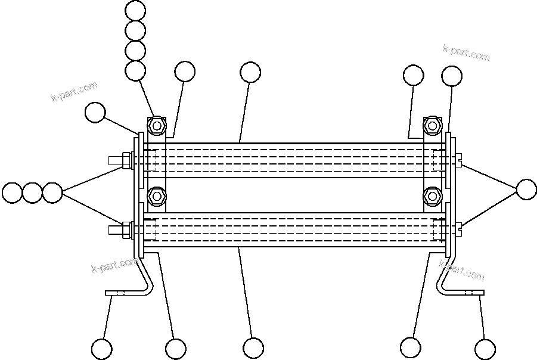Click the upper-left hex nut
coord(157,126)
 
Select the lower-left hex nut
coord(157,195)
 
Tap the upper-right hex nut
coord(432,126)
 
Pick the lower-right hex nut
coord(432,195)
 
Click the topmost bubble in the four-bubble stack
coord(136,10)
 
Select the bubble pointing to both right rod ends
coord(526,190)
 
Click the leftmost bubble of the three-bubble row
coord(11,193)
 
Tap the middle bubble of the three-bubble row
coord(32,193)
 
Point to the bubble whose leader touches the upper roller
coord(250,73)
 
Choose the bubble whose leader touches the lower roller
coord(253,348)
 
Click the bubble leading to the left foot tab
coord(102,349)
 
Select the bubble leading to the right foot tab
coord(485,349)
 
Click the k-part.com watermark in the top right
coord(466,52)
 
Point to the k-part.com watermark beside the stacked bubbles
coord(74,92)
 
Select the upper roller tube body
coord(292,160)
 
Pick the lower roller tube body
coord(292,229)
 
